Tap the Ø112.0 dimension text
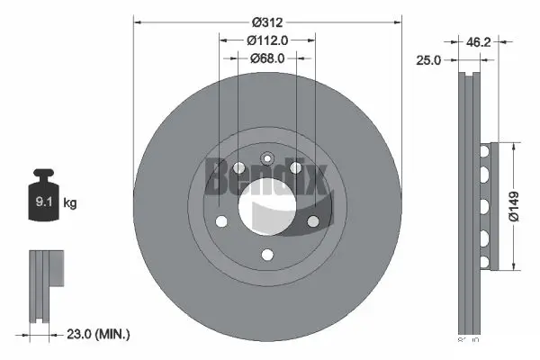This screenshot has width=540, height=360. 266,39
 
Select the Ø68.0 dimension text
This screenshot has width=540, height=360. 266,58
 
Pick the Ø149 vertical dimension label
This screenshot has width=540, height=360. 513,205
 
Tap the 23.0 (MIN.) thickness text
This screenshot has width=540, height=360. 98,334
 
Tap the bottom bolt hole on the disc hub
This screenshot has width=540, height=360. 266,255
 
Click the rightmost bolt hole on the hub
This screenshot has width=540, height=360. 313,220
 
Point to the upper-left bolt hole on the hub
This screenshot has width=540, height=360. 238,167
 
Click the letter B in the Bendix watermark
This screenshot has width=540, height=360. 217,175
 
